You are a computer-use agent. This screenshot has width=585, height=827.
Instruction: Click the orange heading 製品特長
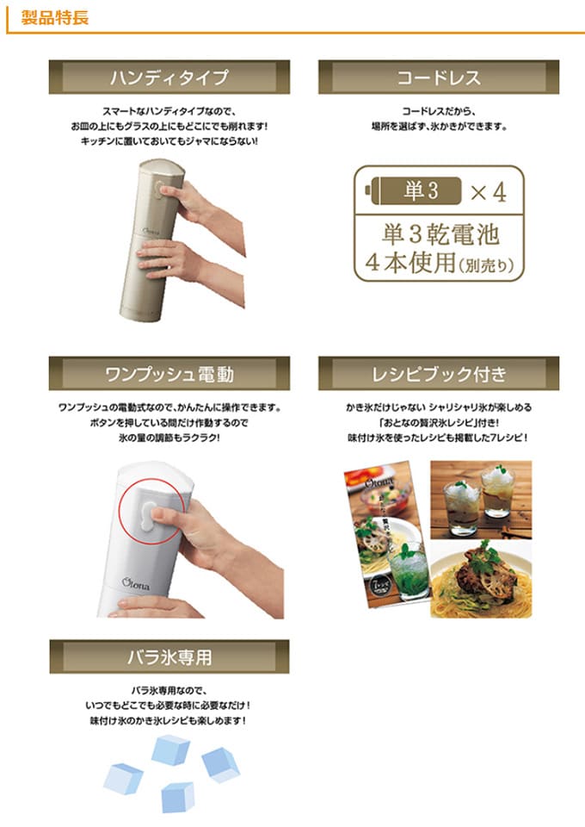point(55,17)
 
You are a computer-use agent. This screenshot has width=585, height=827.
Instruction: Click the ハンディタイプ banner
point(169,77)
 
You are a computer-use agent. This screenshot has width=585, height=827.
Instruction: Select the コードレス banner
point(439,77)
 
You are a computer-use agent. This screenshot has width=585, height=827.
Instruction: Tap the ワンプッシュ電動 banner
point(169,373)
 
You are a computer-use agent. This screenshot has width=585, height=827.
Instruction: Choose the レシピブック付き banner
point(439,373)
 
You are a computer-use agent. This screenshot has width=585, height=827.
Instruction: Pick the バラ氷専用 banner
point(169,656)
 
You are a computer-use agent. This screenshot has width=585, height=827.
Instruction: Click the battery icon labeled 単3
point(413,190)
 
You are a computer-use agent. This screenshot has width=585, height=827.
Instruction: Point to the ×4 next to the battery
point(488,192)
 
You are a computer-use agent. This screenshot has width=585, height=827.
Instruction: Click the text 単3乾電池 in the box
point(440,233)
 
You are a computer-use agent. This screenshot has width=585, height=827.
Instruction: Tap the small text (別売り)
point(486,265)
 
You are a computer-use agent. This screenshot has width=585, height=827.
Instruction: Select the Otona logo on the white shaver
point(135,584)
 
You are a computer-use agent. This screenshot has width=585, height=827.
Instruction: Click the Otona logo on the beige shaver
point(151,231)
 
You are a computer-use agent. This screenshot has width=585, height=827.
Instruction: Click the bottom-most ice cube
point(178,797)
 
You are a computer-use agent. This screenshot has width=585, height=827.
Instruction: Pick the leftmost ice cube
point(123,779)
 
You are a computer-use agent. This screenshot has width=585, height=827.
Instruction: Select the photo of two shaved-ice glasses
point(481,500)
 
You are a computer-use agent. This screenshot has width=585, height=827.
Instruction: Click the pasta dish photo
point(481,579)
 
